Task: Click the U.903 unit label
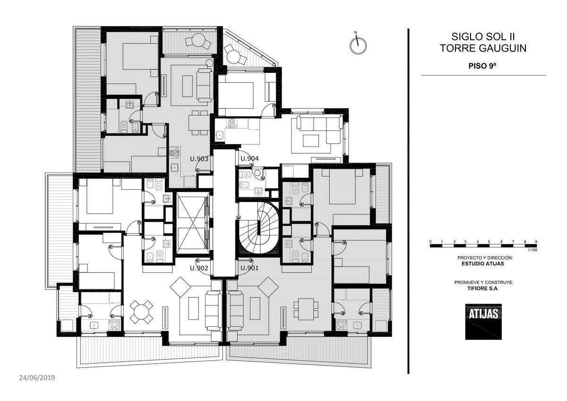[x=199, y=159]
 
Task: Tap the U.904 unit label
[x=249, y=158]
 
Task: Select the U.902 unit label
[x=199, y=268]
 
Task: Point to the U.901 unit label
[x=249, y=268]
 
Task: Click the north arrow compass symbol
[x=358, y=44]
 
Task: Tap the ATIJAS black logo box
[x=483, y=322]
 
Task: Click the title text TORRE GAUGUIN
[x=483, y=48]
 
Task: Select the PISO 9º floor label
[x=482, y=66]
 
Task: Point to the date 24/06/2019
[x=37, y=378]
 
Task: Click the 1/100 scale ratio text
[x=533, y=250]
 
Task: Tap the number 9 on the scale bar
[x=536, y=242]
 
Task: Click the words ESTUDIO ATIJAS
[x=483, y=263]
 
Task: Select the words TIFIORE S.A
[x=483, y=288]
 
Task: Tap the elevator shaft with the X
[x=193, y=223]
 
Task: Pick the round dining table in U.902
[x=141, y=312]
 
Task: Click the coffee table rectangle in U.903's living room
[x=188, y=86]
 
